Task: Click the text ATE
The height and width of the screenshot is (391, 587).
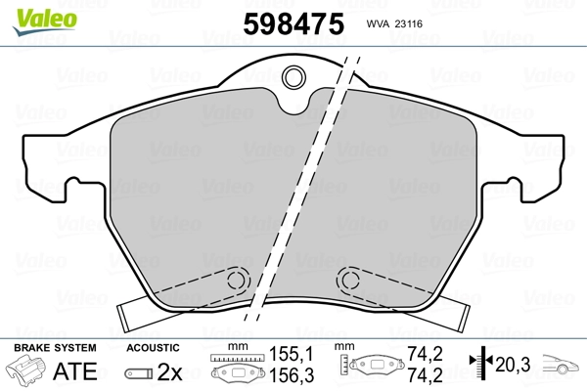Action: click(x=75, y=372)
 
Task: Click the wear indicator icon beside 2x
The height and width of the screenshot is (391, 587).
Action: click(x=141, y=372)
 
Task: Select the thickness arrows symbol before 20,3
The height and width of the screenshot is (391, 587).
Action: click(x=480, y=365)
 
